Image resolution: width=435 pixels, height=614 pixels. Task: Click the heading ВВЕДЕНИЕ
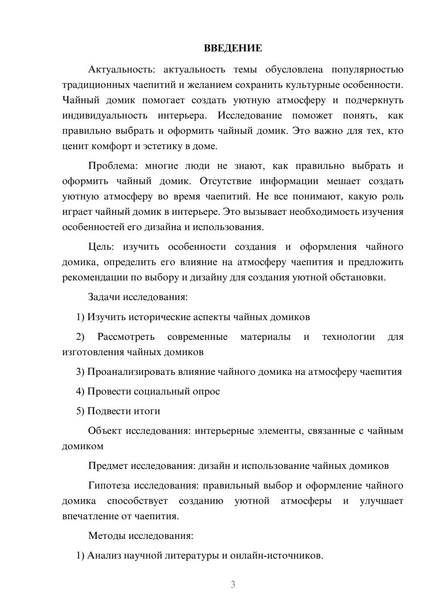click(233, 48)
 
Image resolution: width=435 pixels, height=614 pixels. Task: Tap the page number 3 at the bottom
click(233, 584)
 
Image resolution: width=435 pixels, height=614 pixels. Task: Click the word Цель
click(101, 247)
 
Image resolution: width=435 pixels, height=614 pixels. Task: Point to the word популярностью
click(367, 69)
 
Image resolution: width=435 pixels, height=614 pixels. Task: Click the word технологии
click(348, 337)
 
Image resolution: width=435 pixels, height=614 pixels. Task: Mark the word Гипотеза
click(109, 485)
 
